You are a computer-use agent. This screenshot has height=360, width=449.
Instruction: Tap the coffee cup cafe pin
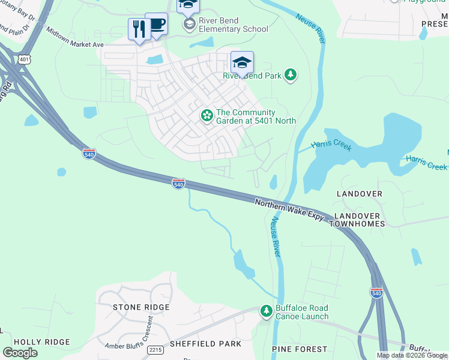click(157, 25)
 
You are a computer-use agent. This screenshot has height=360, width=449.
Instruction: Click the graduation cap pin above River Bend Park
click(242, 62)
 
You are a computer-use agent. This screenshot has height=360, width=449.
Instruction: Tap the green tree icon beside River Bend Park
click(291, 75)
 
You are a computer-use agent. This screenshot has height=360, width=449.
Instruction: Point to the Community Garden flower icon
click(207, 115)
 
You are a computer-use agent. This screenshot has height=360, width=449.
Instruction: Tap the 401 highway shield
click(23, 59)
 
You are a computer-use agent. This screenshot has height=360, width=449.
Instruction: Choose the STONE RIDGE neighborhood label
click(141, 307)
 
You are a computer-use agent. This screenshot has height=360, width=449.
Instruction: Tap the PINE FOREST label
click(300, 349)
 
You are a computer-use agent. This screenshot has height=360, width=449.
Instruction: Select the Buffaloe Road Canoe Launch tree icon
click(266, 311)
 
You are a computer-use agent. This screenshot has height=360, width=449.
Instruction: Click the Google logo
click(20, 352)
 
